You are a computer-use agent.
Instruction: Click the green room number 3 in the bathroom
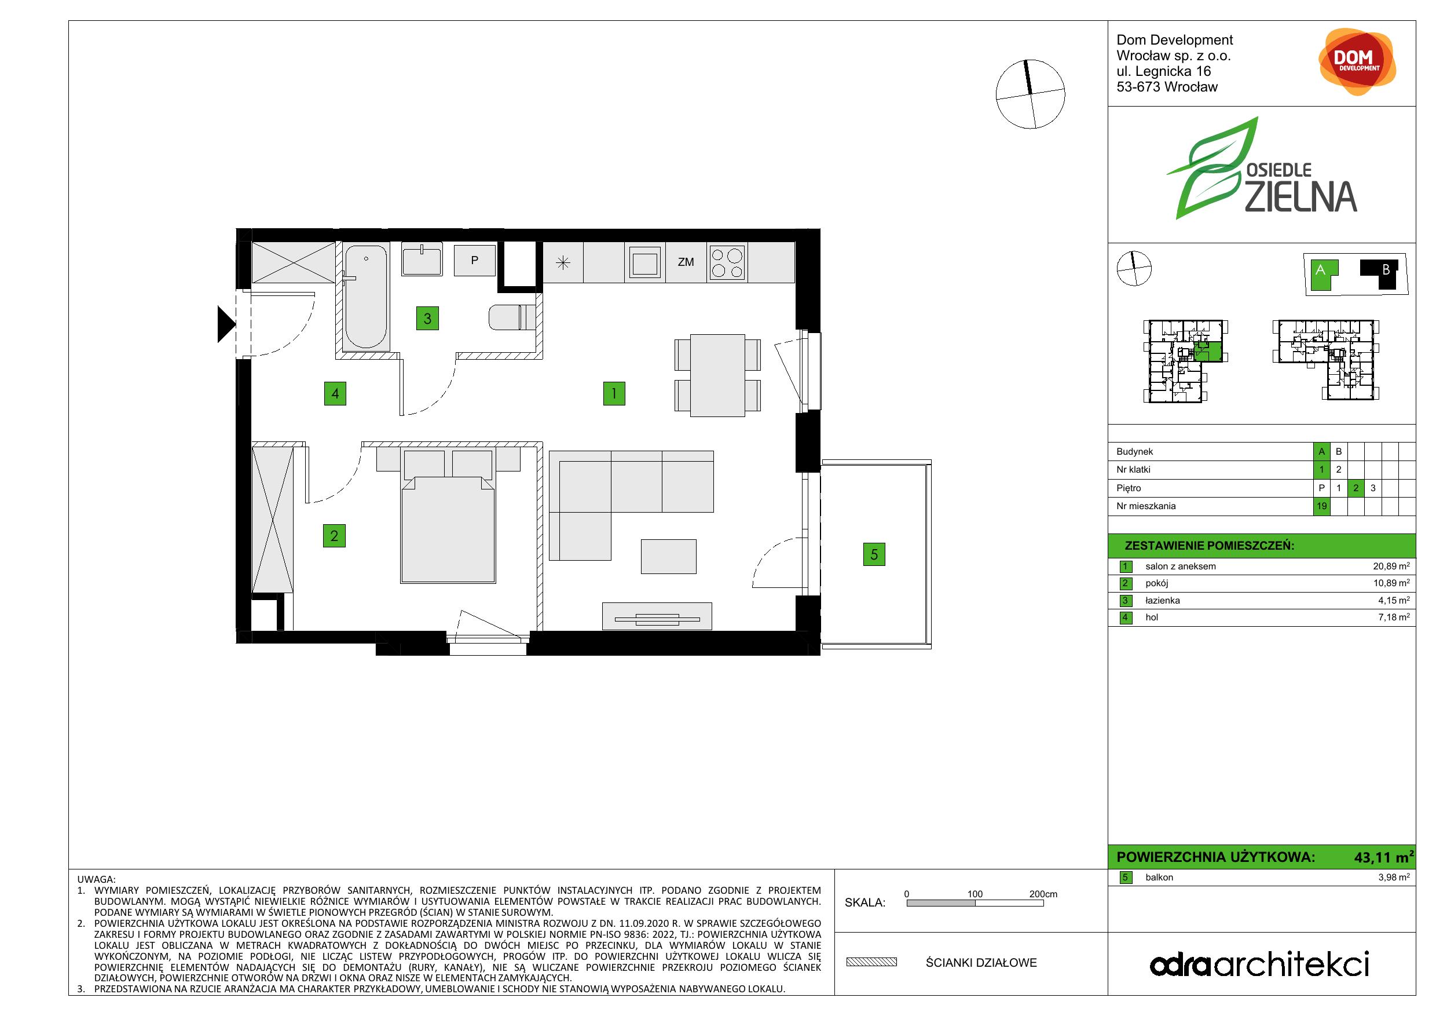pos(427,319)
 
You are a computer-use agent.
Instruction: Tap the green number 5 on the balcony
pos(874,554)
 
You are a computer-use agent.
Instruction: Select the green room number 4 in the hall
pos(335,393)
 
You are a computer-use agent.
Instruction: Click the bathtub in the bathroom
pos(366,296)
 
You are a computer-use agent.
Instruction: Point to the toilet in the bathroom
pos(512,317)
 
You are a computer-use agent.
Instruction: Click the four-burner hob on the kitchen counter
pos(727,263)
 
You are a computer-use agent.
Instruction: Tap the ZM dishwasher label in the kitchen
pos(686,262)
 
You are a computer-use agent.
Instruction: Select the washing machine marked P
pos(475,260)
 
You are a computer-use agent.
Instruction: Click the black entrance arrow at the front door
pos(226,324)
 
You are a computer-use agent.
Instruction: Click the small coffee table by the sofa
pos(668,556)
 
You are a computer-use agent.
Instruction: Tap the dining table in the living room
pos(717,375)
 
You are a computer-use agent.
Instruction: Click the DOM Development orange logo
pos(1357,61)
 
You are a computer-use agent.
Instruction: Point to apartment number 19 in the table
pos(1321,506)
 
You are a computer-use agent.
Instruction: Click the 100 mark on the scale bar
pos(975,894)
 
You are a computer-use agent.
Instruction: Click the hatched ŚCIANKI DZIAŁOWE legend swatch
pos(871,962)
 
